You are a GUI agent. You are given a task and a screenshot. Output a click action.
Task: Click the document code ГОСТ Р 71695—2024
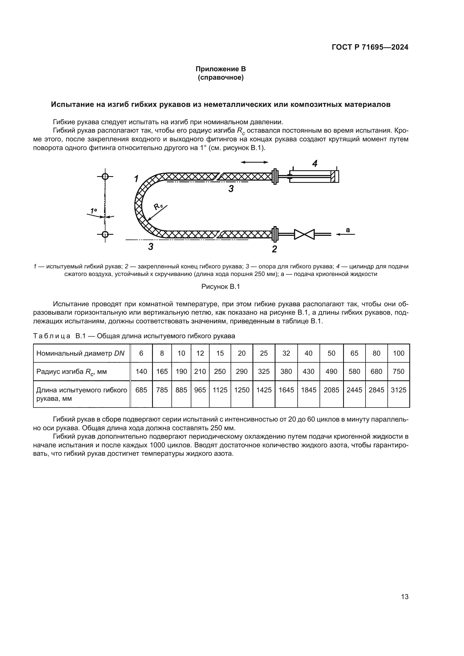click(x=370, y=47)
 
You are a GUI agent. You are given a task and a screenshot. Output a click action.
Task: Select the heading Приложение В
click(x=220, y=69)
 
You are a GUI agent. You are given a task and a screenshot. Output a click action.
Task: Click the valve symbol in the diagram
click(x=304, y=234)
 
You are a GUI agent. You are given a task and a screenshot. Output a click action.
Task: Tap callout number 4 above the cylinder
click(x=314, y=164)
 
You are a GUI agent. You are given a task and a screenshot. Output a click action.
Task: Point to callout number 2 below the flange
click(x=274, y=249)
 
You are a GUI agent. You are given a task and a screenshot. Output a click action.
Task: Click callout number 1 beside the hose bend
click(x=137, y=179)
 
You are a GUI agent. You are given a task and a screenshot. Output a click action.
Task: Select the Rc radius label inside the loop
click(x=157, y=206)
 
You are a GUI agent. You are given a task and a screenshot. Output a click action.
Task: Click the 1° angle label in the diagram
click(x=93, y=211)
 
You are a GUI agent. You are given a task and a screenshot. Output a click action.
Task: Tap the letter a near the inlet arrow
click(x=348, y=229)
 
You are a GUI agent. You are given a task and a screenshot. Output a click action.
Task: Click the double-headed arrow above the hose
click(x=254, y=162)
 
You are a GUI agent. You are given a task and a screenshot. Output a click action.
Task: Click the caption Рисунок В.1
click(x=220, y=287)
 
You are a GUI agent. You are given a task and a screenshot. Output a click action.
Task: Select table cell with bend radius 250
click(x=220, y=371)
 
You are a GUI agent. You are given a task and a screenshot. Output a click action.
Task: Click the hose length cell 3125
click(x=398, y=390)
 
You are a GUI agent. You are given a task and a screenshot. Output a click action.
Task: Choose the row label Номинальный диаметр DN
click(x=81, y=353)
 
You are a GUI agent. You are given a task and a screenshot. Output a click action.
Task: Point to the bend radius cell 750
click(x=398, y=371)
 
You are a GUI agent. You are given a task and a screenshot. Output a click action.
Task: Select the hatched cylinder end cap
click(x=333, y=177)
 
